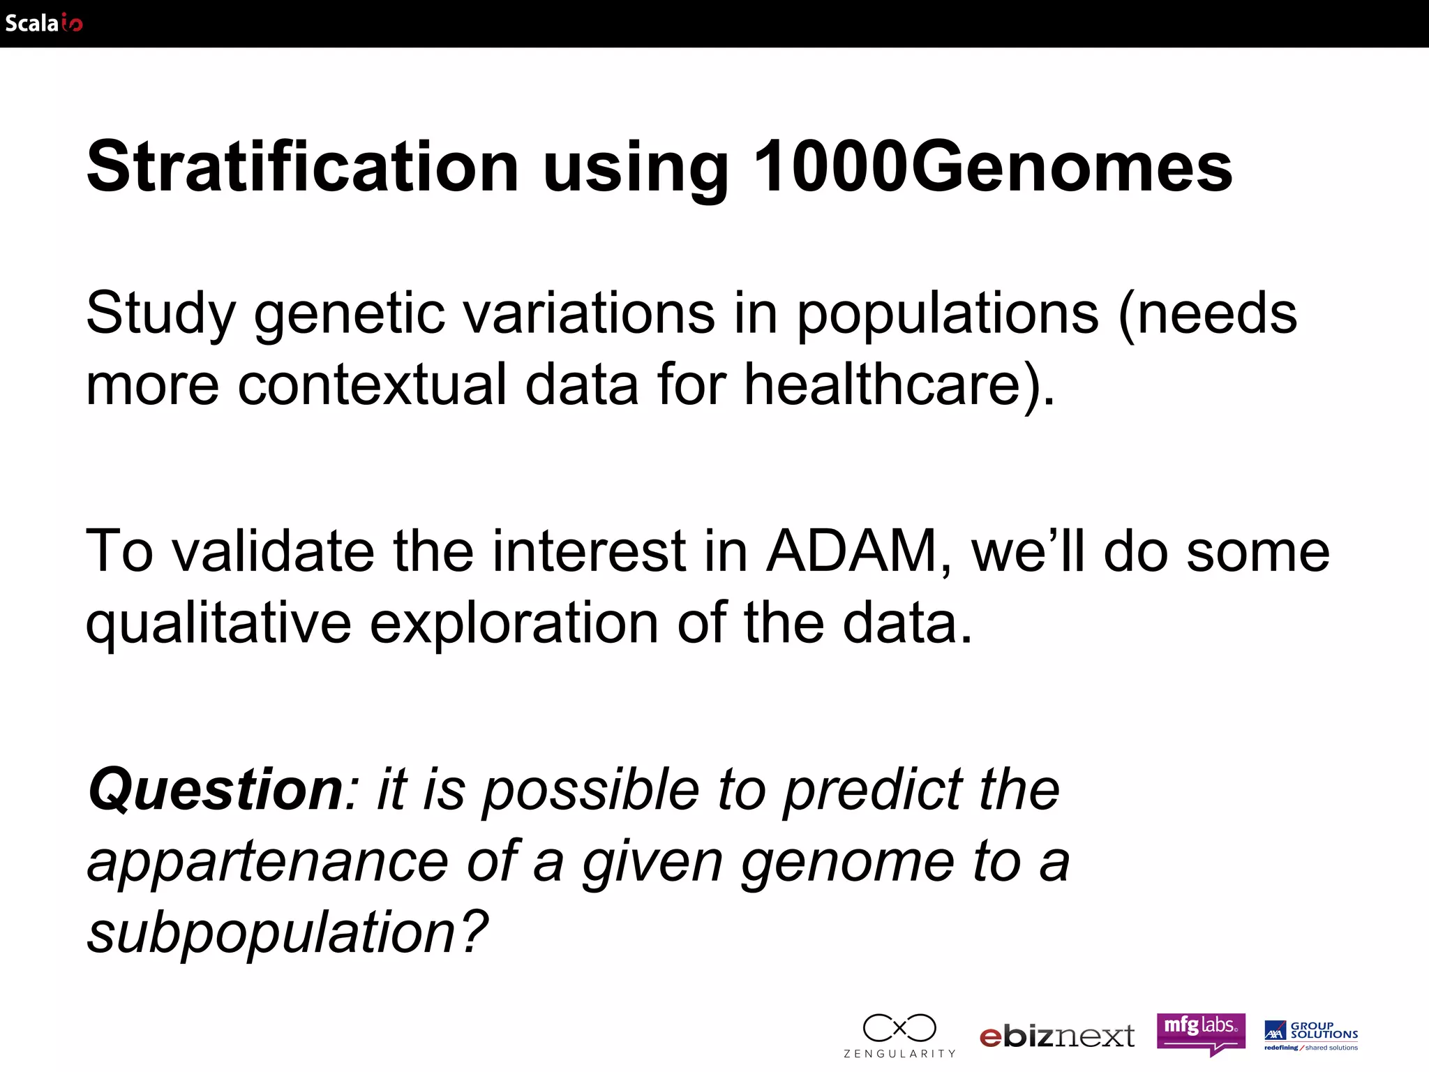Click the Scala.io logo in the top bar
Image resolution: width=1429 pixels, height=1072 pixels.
43,23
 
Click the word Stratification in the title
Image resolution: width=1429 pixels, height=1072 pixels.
302,167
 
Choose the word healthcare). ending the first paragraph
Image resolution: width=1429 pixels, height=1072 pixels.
899,385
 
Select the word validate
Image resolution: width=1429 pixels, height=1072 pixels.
273,551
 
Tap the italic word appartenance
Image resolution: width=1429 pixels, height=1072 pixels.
267,863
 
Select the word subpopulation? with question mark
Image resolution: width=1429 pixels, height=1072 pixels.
287,934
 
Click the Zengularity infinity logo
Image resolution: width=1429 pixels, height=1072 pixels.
899,1035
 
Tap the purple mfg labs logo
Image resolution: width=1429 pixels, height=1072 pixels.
1200,1033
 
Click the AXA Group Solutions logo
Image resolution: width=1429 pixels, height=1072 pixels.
1311,1035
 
